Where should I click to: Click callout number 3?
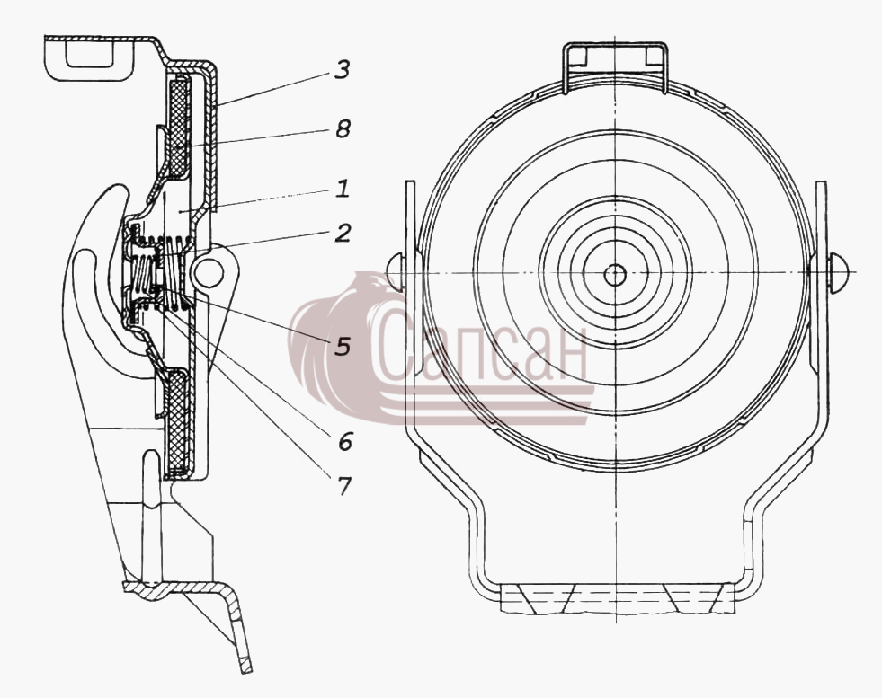342,70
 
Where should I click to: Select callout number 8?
343,128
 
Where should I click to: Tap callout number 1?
343,189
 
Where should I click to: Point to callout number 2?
343,233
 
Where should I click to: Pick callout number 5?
343,346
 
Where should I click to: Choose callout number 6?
345,442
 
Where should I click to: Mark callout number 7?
343,486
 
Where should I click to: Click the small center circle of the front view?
615,275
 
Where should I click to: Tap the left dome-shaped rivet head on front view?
396,272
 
